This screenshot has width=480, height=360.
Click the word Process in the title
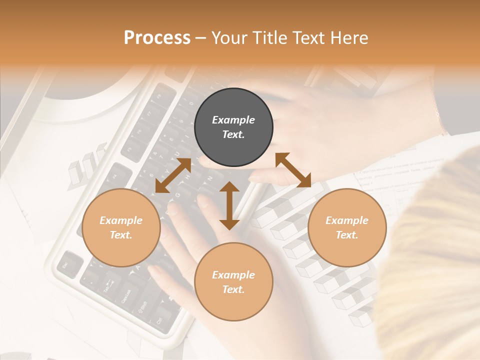pyautogui.click(x=157, y=37)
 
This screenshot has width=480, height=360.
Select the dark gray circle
pyautogui.click(x=233, y=127)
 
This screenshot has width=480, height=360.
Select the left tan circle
pyautogui.click(x=121, y=227)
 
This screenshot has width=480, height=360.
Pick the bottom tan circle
pyautogui.click(x=233, y=282)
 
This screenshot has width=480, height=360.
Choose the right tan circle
pyautogui.click(x=347, y=227)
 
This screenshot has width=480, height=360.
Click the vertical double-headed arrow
pyautogui.click(x=229, y=205)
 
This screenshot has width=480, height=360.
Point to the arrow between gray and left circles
pyautogui.click(x=173, y=175)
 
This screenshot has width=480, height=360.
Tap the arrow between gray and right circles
pyautogui.click(x=293, y=170)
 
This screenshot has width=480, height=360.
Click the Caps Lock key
pyautogui.click(x=126, y=298)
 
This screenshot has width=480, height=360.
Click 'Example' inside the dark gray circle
pyautogui.click(x=233, y=120)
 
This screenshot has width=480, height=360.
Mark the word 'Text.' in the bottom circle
pyautogui.click(x=233, y=289)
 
